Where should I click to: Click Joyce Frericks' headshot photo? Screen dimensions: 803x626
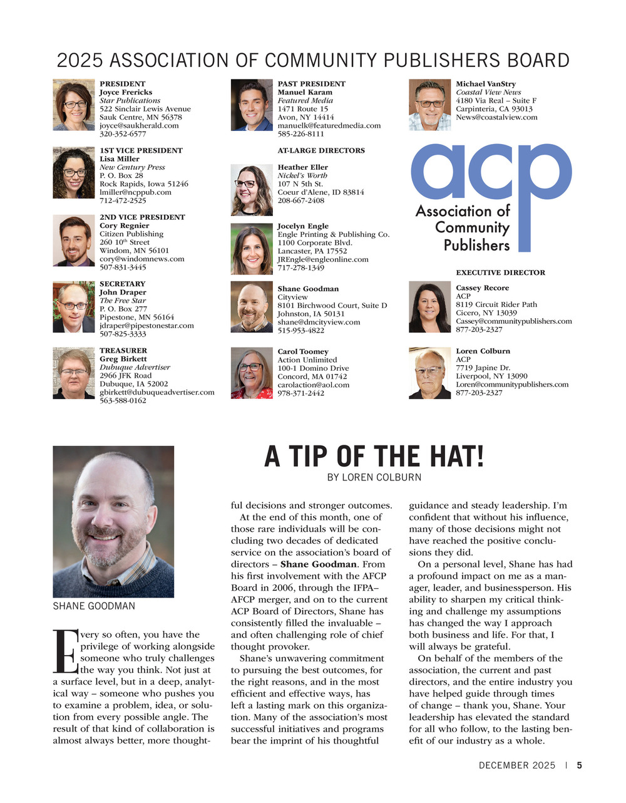(73, 105)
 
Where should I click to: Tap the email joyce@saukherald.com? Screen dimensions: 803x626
(139, 125)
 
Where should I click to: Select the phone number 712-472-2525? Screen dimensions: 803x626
(123, 200)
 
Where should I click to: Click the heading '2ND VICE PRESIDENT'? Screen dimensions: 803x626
(142, 217)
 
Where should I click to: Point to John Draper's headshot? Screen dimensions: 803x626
(73, 307)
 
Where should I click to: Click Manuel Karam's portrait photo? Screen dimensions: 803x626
(251, 105)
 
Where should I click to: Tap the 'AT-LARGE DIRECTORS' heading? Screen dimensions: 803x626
(321, 150)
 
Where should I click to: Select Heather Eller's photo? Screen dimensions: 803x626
(251, 190)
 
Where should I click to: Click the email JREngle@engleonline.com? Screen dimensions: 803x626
(323, 259)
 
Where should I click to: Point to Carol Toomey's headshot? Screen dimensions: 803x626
(251, 373)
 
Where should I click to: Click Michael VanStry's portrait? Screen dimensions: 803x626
(429, 105)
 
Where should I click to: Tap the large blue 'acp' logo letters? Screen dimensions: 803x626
(491, 172)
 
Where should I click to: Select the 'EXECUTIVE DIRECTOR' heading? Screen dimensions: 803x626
(500, 272)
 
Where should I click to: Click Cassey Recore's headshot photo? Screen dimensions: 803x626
(429, 307)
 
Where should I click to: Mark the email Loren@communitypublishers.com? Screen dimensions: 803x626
(512, 385)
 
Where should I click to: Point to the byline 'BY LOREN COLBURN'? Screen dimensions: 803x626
(374, 477)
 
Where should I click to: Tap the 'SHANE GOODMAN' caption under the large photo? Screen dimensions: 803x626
(94, 606)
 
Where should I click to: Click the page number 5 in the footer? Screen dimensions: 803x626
(580, 765)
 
